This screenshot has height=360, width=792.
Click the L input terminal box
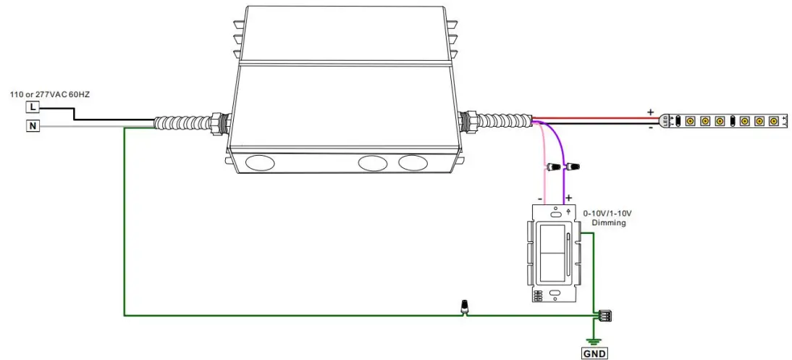click(33, 107)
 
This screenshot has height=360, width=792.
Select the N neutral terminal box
click(33, 126)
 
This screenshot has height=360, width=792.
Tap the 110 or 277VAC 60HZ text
click(50, 94)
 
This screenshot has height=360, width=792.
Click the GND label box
click(594, 353)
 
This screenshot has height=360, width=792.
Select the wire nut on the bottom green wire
click(463, 307)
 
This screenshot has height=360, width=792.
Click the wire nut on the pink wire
click(554, 167)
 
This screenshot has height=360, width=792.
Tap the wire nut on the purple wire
click(572, 165)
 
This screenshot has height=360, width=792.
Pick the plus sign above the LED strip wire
click(651, 112)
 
